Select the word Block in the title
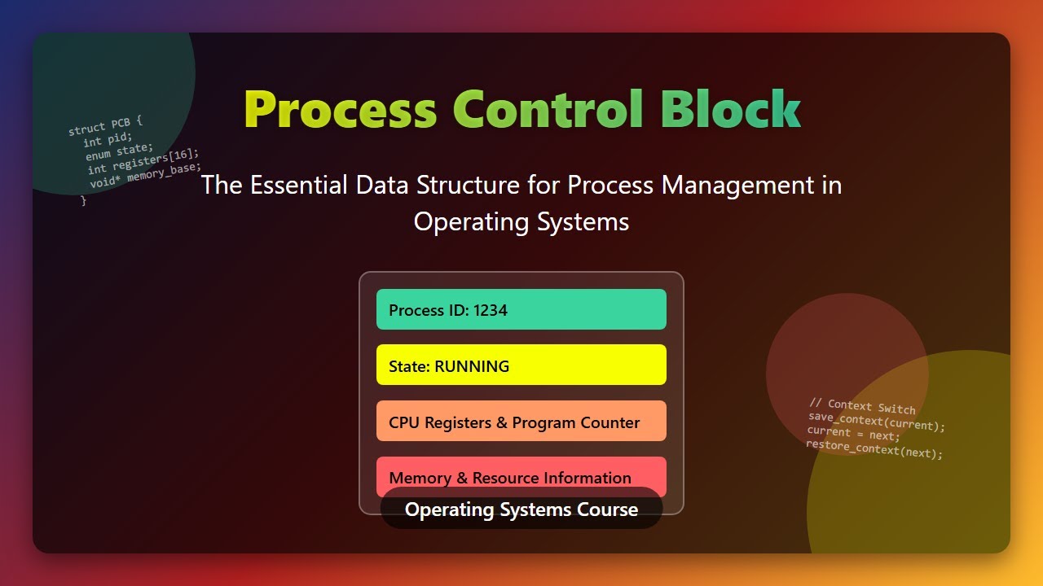coord(730,110)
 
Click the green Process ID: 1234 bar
coord(521,309)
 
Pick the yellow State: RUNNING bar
coord(521,365)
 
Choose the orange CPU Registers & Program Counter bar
coord(521,421)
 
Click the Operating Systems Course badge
coord(521,510)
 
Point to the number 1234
coord(491,310)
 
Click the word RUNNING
coord(472,366)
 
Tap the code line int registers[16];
coord(143,160)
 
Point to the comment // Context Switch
coord(862,406)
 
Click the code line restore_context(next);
coord(874,448)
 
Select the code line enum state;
coord(119,151)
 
